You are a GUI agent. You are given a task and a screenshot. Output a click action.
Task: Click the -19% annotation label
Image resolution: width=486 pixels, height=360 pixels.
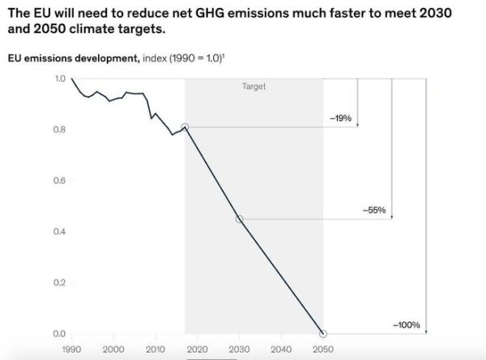(340, 118)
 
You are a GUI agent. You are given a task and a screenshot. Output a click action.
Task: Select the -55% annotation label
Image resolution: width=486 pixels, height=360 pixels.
(375, 211)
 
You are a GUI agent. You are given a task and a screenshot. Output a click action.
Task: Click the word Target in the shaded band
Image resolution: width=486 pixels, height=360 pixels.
(254, 86)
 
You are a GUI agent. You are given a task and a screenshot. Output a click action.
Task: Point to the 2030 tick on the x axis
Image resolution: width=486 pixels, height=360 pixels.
(239, 349)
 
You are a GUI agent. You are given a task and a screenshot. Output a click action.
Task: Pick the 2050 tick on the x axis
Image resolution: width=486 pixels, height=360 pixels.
(323, 349)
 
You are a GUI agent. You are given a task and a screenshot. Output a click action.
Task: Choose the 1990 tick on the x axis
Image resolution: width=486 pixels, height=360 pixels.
(71, 349)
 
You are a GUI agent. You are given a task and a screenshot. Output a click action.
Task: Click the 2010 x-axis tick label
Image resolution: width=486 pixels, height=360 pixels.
(156, 349)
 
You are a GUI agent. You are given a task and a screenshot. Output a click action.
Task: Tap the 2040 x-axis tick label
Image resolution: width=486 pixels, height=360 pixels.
(281, 349)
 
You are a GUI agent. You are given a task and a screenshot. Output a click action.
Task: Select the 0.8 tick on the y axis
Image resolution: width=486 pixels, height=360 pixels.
(60, 130)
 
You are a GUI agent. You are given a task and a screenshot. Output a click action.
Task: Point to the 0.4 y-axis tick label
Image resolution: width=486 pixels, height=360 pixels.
(60, 232)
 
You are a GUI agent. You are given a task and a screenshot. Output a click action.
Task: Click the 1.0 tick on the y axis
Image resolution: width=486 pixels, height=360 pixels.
(60, 79)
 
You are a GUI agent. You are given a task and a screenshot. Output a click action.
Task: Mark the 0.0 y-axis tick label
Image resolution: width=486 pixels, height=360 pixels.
(60, 333)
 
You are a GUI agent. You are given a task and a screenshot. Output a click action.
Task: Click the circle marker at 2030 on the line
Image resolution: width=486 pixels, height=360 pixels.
(239, 219)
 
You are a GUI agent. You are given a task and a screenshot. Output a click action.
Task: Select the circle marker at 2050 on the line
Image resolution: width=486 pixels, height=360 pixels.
(323, 333)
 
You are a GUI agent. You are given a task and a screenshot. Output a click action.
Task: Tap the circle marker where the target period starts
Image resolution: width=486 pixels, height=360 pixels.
(185, 127)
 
